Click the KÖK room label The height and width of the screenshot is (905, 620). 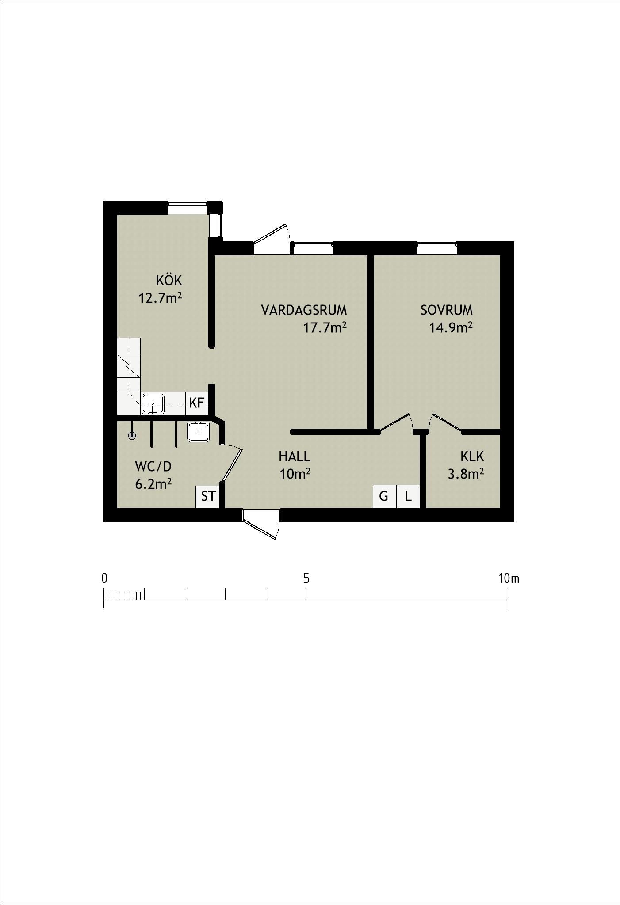click(169, 280)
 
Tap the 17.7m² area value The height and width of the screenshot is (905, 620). click(325, 327)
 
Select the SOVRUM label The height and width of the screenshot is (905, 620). click(447, 310)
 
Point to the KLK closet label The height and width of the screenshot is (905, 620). click(472, 456)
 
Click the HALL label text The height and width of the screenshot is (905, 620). click(295, 456)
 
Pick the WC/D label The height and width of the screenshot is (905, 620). click(153, 466)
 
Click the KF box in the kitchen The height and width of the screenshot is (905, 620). click(197, 403)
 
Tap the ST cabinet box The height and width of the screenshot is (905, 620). click(208, 497)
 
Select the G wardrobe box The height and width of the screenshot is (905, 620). click(384, 496)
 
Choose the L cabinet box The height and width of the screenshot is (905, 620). click(408, 496)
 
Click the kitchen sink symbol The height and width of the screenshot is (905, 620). click(153, 403)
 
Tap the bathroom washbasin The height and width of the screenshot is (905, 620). click(198, 432)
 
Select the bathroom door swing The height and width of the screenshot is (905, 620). click(231, 464)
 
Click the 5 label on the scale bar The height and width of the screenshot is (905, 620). click(306, 578)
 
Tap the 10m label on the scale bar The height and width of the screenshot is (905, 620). click(509, 578)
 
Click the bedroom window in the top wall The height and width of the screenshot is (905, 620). click(437, 248)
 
